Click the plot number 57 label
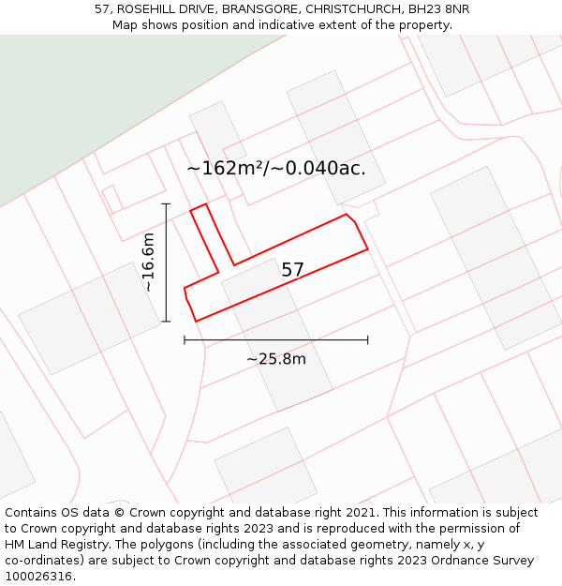click(292, 270)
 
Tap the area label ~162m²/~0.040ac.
click(275, 169)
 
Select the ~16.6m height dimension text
click(149, 263)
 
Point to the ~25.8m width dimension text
click(275, 358)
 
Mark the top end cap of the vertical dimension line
click(166, 203)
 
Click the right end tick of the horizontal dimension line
click(367, 339)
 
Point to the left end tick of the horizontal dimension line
click(185, 339)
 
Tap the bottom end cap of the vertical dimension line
click(166, 322)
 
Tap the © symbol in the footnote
click(119, 513)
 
